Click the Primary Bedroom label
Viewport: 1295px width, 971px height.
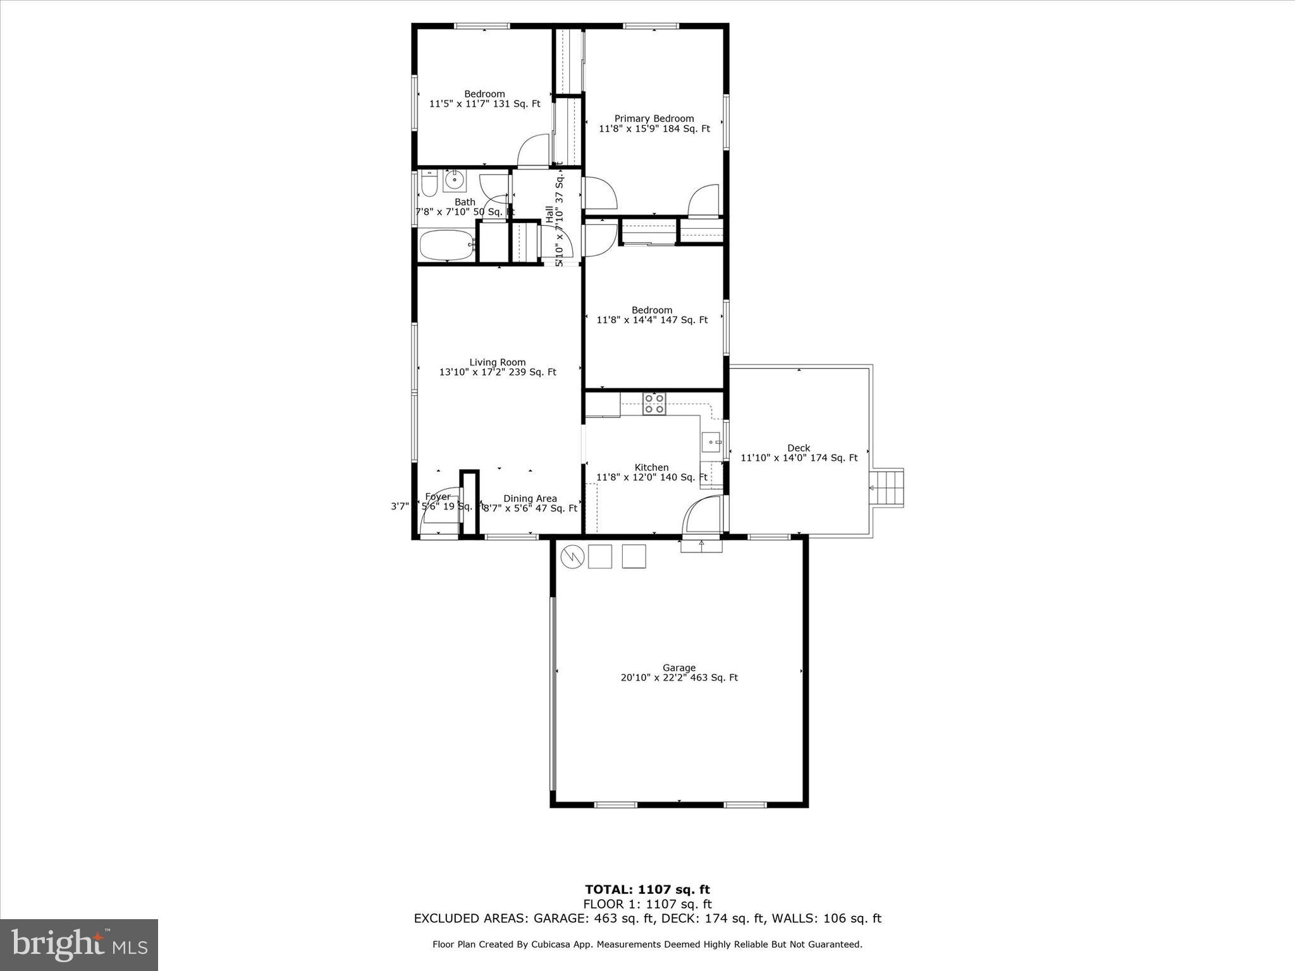654,119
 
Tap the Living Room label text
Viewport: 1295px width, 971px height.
497,362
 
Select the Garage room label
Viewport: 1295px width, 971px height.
678,668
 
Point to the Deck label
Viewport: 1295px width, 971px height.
799,448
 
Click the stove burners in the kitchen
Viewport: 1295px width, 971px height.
654,403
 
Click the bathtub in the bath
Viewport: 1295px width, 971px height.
446,245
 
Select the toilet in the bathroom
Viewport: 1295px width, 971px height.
429,183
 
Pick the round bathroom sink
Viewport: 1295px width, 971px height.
454,181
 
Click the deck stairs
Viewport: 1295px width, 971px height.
887,487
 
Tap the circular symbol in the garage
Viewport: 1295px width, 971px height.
572,556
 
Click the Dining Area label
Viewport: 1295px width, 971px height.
530,498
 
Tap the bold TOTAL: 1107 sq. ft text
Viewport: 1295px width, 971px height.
647,890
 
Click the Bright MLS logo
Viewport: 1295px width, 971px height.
78,944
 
